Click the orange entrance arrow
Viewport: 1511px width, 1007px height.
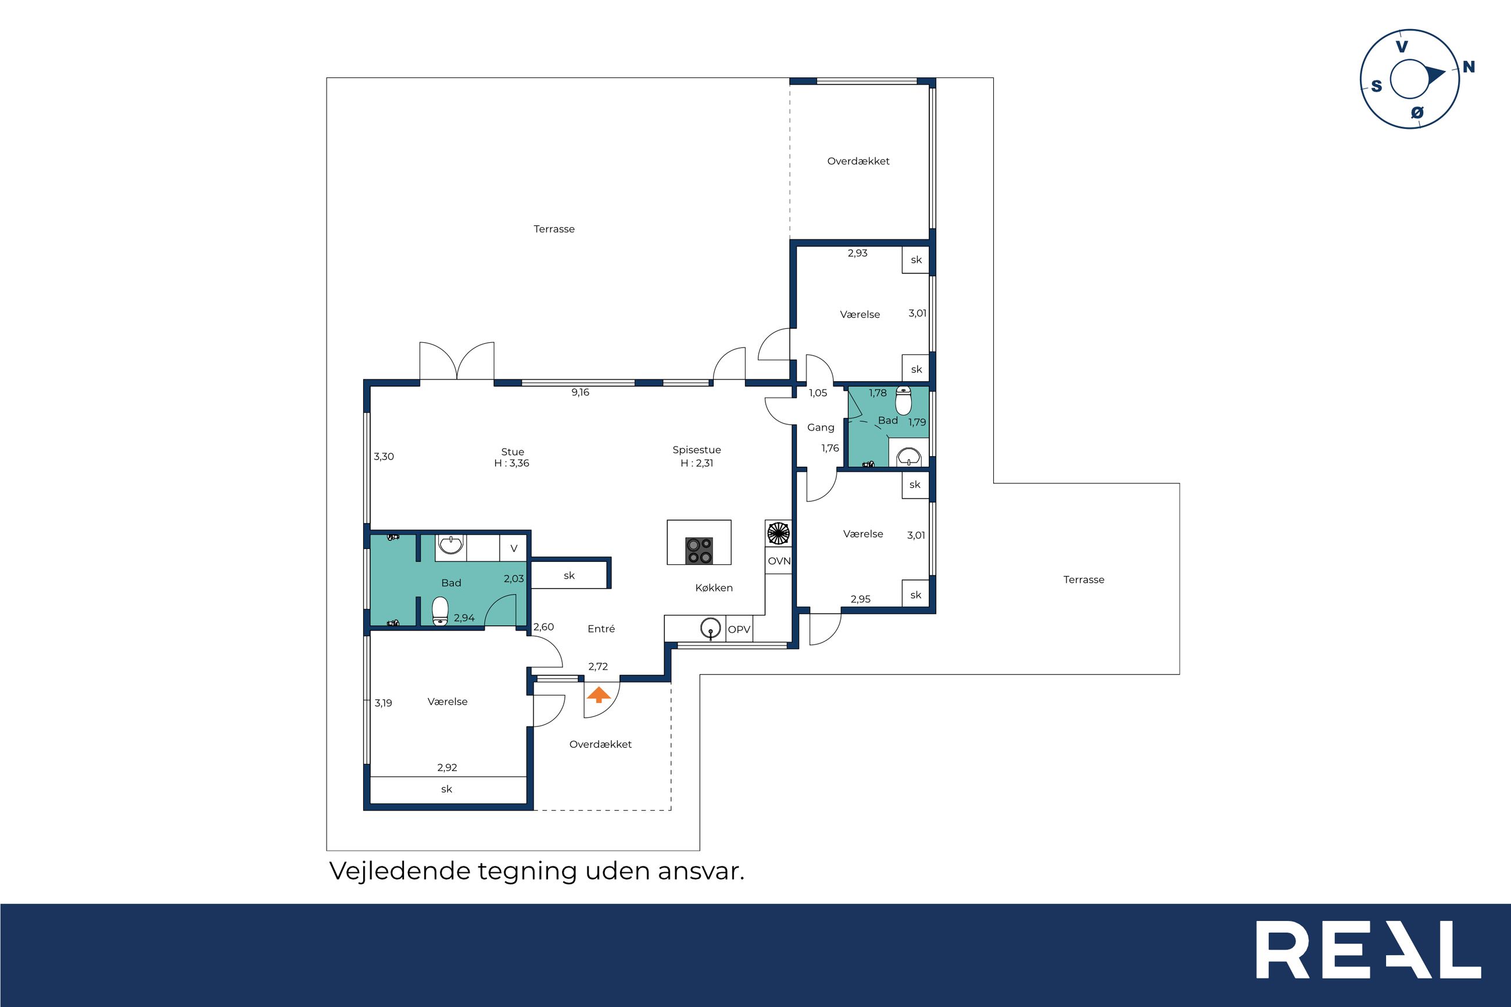pyautogui.click(x=599, y=695)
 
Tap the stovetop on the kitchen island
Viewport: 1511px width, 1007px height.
pyautogui.click(x=699, y=550)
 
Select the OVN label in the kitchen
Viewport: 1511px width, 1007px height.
pyautogui.click(x=779, y=561)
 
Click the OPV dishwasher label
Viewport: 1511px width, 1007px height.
pyautogui.click(x=739, y=629)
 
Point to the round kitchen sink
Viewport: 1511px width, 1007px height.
pyautogui.click(x=710, y=628)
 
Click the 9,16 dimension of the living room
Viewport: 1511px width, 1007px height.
pyautogui.click(x=580, y=392)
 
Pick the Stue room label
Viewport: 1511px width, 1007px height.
pyautogui.click(x=513, y=451)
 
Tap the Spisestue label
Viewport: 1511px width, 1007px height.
pyautogui.click(x=697, y=450)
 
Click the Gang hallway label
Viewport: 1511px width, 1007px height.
pyautogui.click(x=821, y=428)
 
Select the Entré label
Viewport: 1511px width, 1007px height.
pyautogui.click(x=601, y=629)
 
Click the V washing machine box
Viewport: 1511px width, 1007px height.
pyautogui.click(x=514, y=549)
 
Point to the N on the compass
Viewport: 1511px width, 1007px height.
pyautogui.click(x=1469, y=67)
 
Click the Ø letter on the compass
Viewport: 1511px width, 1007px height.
pyautogui.click(x=1417, y=112)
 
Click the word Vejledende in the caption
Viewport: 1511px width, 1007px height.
pyautogui.click(x=400, y=872)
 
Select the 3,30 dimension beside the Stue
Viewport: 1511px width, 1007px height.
pyautogui.click(x=384, y=457)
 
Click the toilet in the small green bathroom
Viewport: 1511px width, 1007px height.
pyautogui.click(x=904, y=402)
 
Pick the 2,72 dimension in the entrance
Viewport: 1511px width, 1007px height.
pyautogui.click(x=598, y=666)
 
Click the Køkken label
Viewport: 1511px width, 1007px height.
pyautogui.click(x=714, y=587)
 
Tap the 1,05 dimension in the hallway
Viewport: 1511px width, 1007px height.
pyautogui.click(x=818, y=393)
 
